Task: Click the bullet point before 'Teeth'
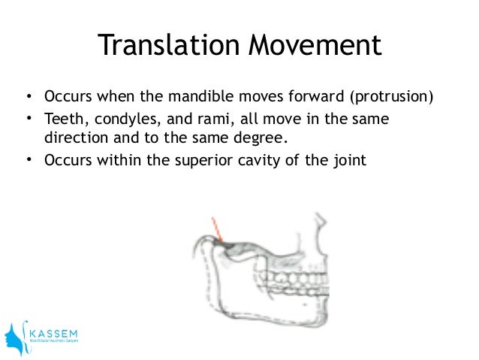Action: (28, 119)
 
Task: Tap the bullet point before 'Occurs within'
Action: (28, 160)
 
